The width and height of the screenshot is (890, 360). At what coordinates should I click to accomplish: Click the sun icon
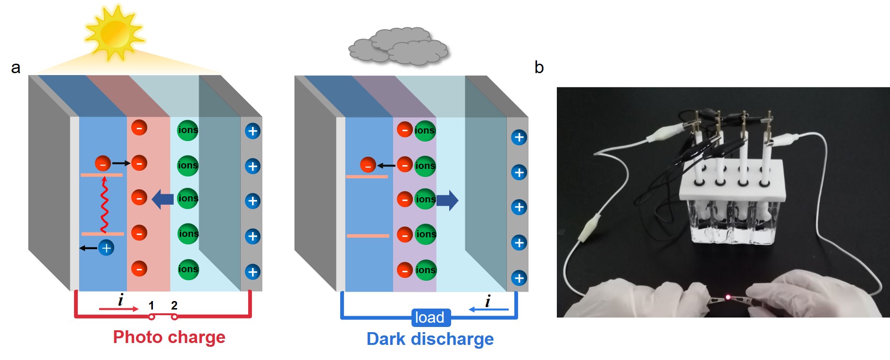[114, 33]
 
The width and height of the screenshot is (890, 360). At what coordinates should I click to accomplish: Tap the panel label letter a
[16, 68]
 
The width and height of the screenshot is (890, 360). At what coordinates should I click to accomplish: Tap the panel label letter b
[539, 67]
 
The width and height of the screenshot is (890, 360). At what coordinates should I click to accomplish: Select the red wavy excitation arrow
[104, 205]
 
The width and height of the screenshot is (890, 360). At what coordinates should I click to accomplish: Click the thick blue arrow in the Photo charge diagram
[163, 199]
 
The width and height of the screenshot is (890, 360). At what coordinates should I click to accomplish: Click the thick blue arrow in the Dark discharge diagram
[447, 200]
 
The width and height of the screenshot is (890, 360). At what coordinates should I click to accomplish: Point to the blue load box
[429, 318]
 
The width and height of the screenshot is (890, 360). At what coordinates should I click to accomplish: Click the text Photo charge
[169, 337]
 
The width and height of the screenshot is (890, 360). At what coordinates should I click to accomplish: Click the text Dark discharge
[430, 339]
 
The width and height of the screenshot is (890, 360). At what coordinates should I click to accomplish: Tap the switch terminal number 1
[151, 306]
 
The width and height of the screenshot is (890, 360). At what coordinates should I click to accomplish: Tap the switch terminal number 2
[174, 306]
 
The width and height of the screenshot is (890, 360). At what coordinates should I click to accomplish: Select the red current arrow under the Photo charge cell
[118, 309]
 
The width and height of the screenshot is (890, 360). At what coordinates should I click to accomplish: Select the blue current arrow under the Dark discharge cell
[488, 310]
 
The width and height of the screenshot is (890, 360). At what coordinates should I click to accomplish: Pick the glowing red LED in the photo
[728, 297]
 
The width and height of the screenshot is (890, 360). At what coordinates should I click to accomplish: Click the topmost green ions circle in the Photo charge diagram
[188, 130]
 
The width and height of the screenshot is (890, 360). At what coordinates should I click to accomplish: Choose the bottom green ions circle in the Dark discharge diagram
[426, 270]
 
